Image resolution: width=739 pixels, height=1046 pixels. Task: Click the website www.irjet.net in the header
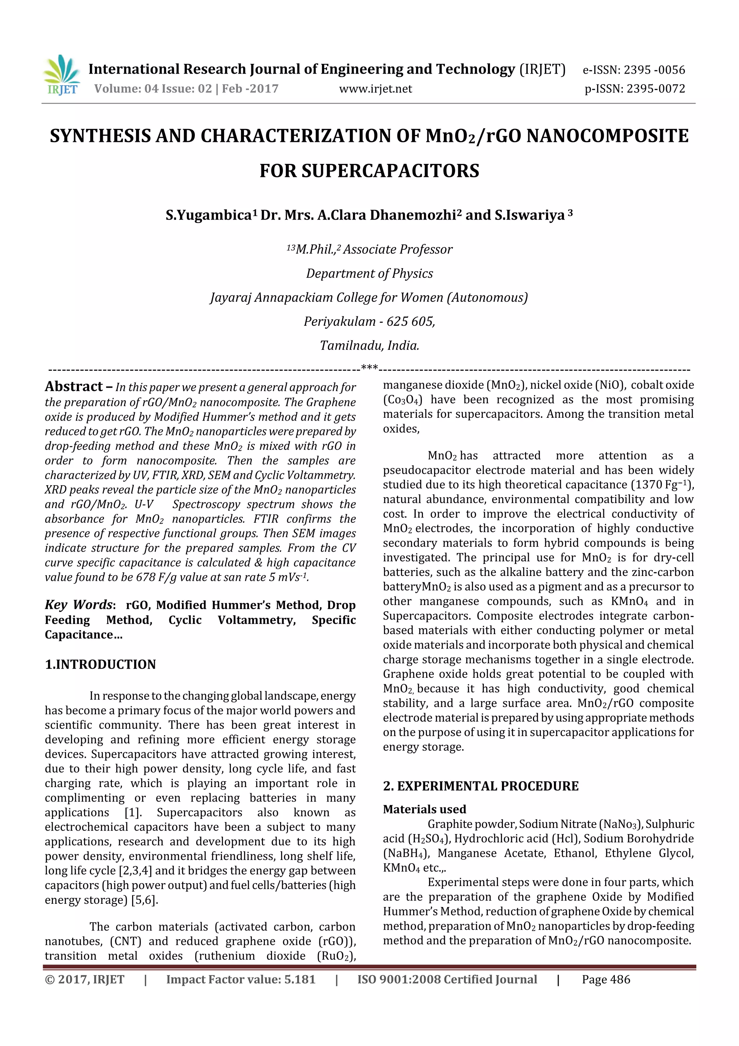point(375,89)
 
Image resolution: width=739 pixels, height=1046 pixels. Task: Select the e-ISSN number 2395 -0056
point(654,70)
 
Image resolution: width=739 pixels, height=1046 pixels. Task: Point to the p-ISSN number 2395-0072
point(656,89)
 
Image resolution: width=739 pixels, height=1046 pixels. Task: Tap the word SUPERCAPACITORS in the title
point(390,171)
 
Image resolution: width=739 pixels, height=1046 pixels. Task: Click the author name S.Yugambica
point(209,215)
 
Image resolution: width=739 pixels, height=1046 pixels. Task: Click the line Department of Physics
point(369,273)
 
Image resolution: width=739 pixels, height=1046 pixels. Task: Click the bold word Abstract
point(74,387)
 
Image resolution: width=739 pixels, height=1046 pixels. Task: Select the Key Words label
point(78,605)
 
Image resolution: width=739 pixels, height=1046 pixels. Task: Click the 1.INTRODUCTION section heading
point(100,664)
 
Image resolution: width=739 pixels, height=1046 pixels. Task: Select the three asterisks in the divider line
point(369,367)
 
